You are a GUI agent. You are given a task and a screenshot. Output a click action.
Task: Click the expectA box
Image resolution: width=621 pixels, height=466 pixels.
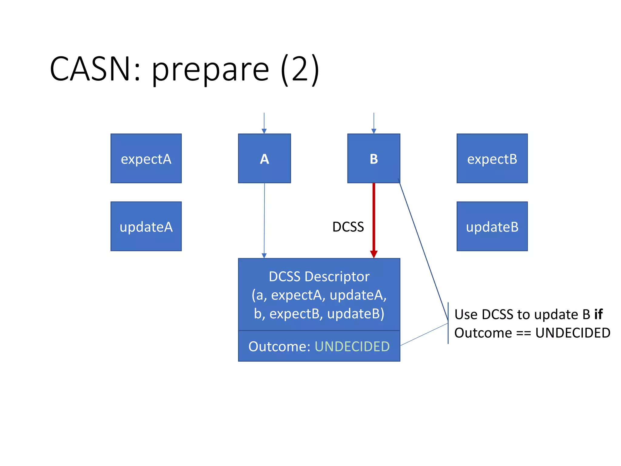(x=146, y=158)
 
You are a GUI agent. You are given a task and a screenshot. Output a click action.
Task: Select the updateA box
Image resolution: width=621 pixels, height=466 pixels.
(x=146, y=226)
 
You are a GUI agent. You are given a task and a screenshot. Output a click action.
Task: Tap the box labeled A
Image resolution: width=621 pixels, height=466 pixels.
(x=264, y=158)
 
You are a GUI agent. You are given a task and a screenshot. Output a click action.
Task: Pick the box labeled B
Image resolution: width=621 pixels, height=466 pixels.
(x=374, y=158)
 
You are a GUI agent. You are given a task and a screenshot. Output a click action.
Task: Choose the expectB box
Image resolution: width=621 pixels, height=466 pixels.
(x=492, y=158)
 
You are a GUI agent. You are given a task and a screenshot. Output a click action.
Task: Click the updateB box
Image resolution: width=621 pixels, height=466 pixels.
(x=492, y=226)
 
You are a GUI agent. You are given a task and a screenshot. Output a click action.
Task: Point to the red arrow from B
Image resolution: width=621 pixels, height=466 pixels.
(x=374, y=218)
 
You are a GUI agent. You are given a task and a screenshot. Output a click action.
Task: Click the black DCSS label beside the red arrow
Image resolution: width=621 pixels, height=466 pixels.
(x=348, y=227)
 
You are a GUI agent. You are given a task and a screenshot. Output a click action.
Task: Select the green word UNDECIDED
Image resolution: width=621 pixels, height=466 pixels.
(x=352, y=346)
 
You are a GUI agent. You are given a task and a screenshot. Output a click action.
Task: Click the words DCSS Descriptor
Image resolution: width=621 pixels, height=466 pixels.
(x=319, y=277)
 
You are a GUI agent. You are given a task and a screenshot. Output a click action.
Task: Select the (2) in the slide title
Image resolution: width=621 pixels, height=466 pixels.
(x=300, y=69)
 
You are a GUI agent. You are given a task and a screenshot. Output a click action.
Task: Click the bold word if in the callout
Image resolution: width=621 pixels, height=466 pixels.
(x=598, y=314)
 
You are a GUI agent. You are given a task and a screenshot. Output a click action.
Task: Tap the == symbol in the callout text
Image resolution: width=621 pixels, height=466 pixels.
(x=523, y=333)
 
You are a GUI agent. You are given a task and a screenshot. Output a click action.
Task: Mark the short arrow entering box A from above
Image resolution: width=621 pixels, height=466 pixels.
(x=264, y=123)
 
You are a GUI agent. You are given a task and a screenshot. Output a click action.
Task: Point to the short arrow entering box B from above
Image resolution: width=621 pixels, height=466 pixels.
(x=374, y=123)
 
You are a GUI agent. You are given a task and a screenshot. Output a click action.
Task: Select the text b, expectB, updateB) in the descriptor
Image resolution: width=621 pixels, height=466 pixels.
(x=319, y=314)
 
